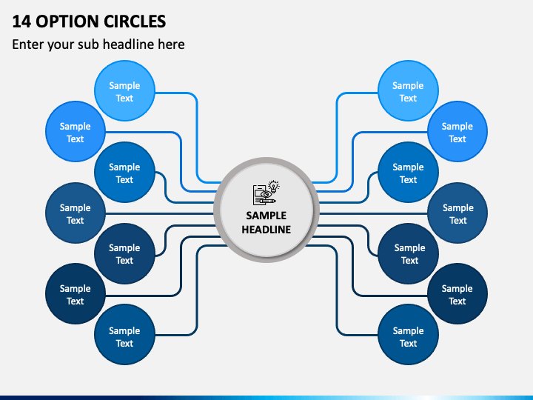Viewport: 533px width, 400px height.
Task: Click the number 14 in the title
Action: pos(21,21)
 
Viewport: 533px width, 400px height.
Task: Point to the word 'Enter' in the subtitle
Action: pos(29,44)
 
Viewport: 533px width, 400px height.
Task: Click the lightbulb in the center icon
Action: pos(274,187)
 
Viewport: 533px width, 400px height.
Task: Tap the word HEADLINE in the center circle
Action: pos(266,229)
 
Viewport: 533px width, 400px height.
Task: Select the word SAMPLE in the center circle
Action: pos(266,216)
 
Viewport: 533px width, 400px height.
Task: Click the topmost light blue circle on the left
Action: pos(124,92)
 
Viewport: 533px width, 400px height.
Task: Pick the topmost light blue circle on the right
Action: pos(408,92)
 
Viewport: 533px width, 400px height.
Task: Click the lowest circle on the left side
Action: pos(124,336)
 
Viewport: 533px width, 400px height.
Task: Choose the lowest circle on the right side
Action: pos(408,336)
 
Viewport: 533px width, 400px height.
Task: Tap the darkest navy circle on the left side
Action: pos(76,294)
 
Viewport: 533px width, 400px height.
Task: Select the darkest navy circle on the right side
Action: pos(457,294)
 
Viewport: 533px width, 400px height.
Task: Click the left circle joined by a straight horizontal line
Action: pos(76,213)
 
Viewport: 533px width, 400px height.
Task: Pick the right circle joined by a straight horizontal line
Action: pos(457,213)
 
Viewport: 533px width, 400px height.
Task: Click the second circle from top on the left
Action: pos(76,132)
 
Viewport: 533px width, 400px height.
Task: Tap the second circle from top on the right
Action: pos(457,132)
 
